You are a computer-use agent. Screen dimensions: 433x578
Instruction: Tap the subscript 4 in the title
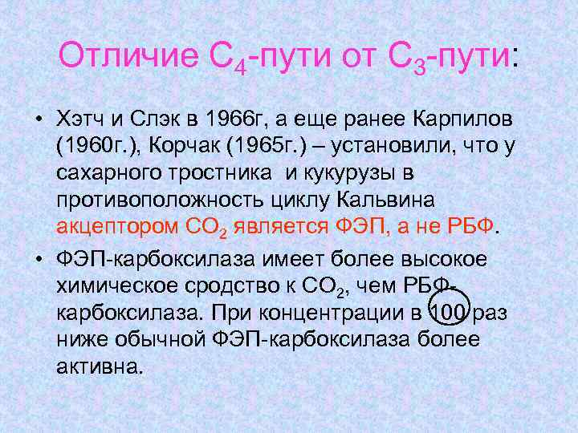239,67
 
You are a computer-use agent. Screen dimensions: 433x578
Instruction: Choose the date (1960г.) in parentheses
97,146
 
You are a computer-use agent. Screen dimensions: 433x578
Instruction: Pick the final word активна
100,365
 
